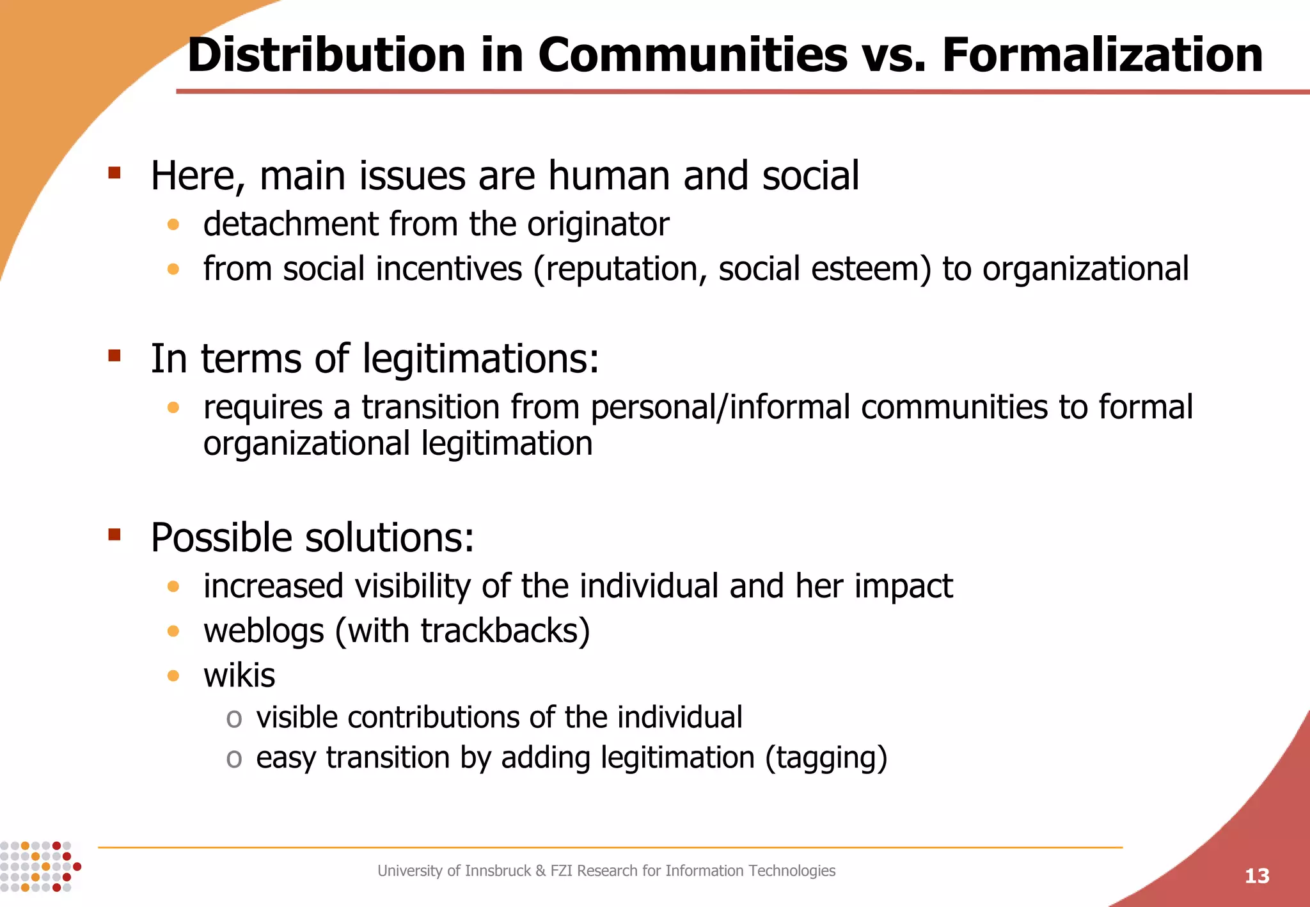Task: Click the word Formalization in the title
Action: [1102, 55]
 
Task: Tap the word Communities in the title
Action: [693, 55]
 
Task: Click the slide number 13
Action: [1257, 876]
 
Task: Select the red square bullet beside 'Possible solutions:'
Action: [114, 535]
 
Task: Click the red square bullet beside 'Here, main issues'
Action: [114, 172]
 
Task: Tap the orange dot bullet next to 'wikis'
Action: [173, 675]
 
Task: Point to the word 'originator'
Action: [597, 225]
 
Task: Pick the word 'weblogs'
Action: [264, 631]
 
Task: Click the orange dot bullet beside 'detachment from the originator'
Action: [173, 225]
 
